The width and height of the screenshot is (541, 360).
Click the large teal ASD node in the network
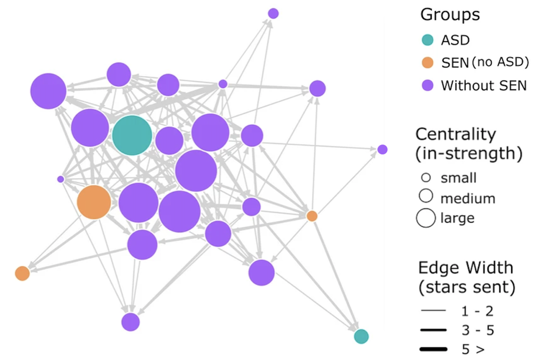coord(132,135)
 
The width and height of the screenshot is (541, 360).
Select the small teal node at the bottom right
coord(361,337)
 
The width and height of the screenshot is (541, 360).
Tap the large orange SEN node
coord(94,202)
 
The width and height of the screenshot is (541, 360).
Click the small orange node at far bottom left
coord(22,273)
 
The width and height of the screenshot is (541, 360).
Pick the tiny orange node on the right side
coord(312,215)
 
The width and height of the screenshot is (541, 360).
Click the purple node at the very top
coord(273,14)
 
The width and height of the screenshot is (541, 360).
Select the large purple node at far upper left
coord(49,91)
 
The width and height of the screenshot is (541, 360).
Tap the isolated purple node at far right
coord(382,150)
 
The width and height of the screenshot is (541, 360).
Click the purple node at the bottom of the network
coord(131,322)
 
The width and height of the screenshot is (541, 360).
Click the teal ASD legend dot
coord(428,40)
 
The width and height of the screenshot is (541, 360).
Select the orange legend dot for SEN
coord(428,63)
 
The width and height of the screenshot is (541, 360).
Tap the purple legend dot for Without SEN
coord(428,85)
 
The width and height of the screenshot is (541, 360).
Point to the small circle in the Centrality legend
coord(426,177)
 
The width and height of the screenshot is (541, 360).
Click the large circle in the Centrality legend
coord(426,218)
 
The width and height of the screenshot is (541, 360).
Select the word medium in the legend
coord(468,198)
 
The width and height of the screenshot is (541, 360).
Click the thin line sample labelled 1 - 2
coord(433,311)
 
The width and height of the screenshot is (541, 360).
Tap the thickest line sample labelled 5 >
coord(433,349)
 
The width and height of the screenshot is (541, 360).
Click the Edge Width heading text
coord(466,268)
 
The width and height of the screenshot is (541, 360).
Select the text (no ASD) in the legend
coord(500,63)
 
